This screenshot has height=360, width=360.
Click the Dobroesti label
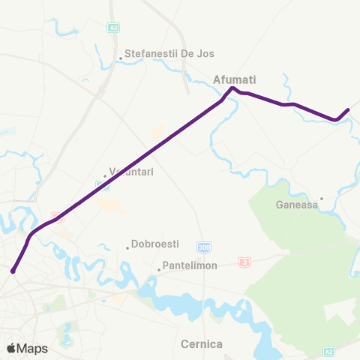tap(154, 244)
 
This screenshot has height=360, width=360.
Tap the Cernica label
tap(202, 344)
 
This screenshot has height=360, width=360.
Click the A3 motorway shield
tap(114, 28)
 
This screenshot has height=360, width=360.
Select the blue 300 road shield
tap(204, 247)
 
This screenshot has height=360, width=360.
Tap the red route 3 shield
tap(244, 262)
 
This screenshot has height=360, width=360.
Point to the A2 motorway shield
tap(328, 350)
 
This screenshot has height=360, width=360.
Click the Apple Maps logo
tap(27, 349)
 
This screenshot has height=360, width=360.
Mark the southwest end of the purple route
tap(13, 271)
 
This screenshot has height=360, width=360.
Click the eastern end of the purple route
tap(348, 111)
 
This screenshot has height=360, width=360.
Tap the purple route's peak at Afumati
tap(232, 88)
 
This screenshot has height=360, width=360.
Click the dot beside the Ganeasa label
tap(322, 199)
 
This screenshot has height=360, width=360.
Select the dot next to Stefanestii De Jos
tap(120, 55)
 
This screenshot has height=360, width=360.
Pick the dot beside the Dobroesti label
tap(127, 244)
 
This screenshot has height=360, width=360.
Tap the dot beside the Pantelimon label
tap(159, 268)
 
